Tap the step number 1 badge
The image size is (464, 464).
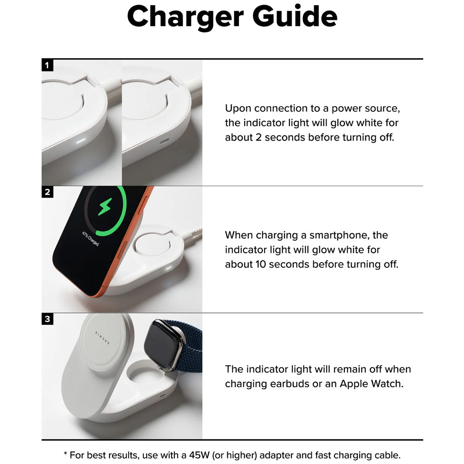[47, 65]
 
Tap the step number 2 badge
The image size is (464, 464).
[47, 192]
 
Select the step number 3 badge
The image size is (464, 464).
[47, 319]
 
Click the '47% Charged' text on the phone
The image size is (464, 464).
[90, 239]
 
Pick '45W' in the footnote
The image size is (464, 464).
[205, 455]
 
